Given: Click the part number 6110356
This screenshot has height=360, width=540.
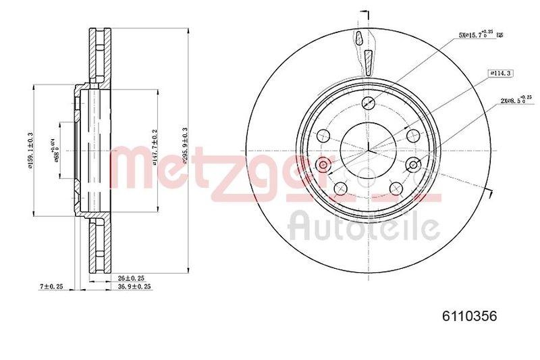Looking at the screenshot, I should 468,315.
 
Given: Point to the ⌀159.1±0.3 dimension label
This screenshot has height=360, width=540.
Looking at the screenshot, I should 30,149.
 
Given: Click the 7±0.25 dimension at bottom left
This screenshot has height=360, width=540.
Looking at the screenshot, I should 51,287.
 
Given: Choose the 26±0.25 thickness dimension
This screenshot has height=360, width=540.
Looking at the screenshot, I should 132,278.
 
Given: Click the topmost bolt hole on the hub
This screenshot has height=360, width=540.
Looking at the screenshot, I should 368,103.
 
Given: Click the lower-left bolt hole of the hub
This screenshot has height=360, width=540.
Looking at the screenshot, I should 340,187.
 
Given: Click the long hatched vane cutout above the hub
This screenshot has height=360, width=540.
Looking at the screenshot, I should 369,63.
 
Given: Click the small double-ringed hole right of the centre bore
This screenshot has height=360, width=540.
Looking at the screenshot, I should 414,163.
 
